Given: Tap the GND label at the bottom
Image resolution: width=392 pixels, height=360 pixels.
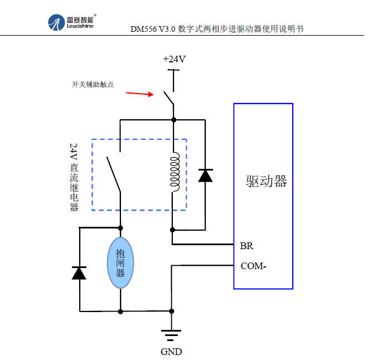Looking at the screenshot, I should pos(171,352).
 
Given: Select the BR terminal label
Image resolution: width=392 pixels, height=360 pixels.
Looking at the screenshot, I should pos(247,245).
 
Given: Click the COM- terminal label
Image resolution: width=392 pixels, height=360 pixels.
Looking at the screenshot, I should pos(253,266).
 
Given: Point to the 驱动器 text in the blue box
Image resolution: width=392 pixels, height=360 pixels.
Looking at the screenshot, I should pos(266,182).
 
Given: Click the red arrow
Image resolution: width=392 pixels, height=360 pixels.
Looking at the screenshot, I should pos(139,93).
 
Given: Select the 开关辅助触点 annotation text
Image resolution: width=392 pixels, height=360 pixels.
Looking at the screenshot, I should pos(93,85).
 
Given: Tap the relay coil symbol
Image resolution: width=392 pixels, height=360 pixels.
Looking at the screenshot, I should pos(174,173).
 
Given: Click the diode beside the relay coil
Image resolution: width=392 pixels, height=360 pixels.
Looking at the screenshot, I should pos(206,176).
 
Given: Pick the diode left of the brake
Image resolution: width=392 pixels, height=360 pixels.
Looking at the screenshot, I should pos(79,273).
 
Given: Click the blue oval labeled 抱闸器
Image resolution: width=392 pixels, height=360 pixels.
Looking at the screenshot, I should pos(120,262).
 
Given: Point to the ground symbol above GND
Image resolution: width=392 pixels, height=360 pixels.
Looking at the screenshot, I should pos(171,335).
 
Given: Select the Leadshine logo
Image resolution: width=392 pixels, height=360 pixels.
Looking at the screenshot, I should pos(72,22).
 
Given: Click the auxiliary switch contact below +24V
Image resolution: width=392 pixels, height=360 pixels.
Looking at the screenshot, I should pos(168,95).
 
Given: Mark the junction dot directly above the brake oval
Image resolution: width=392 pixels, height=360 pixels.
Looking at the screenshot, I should pos(120,227).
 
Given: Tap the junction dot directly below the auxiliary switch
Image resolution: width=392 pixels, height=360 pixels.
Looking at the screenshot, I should pos(173,120).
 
